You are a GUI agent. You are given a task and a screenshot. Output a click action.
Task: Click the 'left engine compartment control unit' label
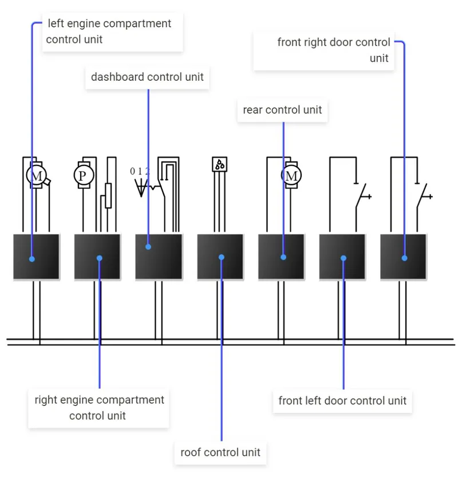pos(109,31)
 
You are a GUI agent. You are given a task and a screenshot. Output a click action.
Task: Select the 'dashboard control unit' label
pos(147,77)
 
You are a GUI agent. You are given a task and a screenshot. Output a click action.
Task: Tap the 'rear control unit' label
pos(282,110)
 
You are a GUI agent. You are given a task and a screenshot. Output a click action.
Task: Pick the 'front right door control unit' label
pos(334,50)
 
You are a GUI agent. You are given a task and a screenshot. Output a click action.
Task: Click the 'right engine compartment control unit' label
pos(99,408)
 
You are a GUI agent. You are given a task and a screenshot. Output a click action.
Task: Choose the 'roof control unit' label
pos(220,452)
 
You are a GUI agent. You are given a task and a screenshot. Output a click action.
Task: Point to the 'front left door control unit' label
pos(342,401)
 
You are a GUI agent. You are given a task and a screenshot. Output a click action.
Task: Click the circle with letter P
pos(84,175)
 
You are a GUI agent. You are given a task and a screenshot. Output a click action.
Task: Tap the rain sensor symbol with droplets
pos(219,164)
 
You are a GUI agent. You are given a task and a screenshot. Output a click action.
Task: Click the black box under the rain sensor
pos(220,257)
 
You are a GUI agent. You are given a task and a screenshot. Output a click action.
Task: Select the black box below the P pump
pos(97,257)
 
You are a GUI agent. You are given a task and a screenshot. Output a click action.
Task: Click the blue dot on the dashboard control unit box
pos(148,247)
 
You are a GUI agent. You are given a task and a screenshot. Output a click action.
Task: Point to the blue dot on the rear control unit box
pos(283,257)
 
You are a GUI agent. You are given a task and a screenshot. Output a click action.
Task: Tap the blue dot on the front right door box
pos(404,258)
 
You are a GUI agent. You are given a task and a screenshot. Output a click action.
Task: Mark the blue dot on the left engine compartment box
pos(32,259)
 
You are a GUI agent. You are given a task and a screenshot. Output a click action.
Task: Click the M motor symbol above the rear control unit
pos(291,175)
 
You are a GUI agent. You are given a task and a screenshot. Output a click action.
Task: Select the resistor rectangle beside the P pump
pos(108,195)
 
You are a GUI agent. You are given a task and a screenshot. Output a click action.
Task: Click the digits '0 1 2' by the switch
pos(140,171)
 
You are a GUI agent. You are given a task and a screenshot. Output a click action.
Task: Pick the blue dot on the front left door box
pos(343,258)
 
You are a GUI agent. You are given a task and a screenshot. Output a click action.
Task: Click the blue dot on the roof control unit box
pos(222,257)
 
